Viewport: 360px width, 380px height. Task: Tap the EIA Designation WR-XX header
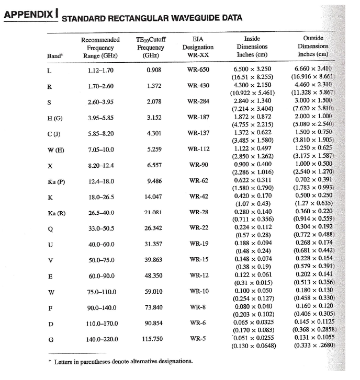[198, 47]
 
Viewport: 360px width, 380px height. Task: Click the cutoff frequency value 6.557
[153, 165]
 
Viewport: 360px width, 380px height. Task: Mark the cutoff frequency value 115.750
[153, 339]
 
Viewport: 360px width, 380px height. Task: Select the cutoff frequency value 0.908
[153, 70]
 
